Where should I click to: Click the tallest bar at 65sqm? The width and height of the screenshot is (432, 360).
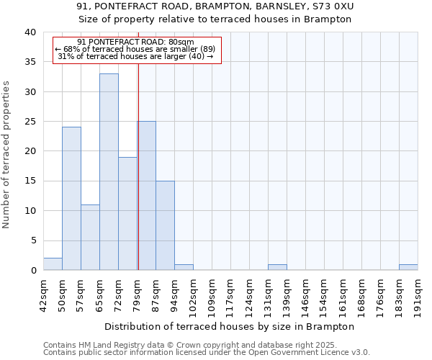pos(109,172)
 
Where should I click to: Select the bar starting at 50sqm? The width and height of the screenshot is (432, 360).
pos(71,199)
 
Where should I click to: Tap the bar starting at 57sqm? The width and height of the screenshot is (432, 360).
pos(90,238)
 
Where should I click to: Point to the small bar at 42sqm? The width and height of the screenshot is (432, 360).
pos(53,264)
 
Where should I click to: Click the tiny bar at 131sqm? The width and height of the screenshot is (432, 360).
pos(277,267)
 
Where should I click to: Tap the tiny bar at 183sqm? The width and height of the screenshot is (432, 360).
pos(408,267)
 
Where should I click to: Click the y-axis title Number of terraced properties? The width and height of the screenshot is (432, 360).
pos(7,155)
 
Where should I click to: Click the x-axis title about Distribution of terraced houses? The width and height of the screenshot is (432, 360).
pos(230,326)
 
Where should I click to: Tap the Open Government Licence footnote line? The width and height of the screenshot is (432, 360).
pos(207,353)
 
